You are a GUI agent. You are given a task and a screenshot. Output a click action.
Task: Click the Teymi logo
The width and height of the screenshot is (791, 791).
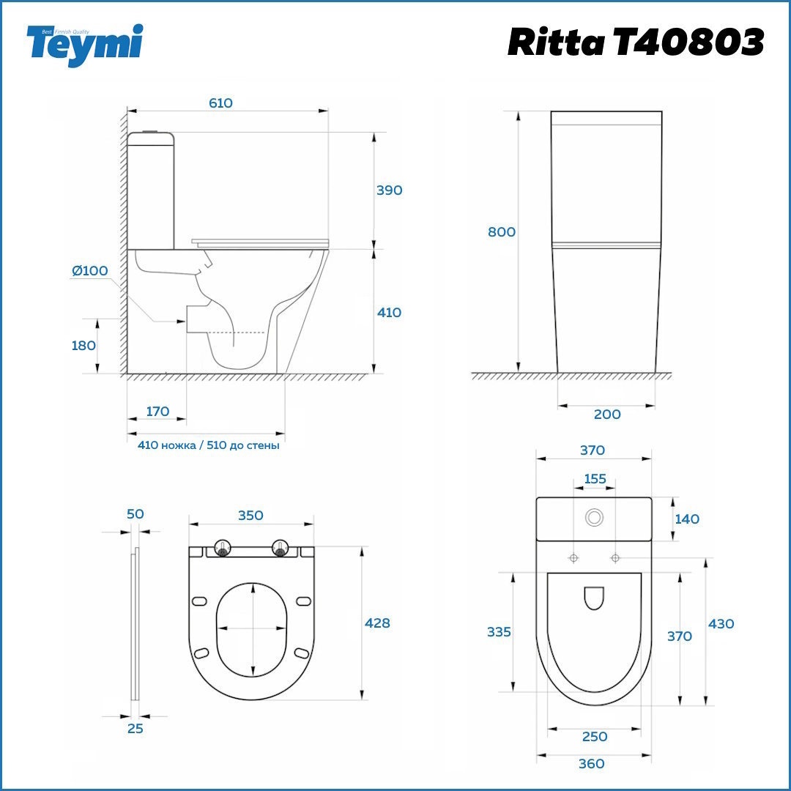click(x=85, y=44)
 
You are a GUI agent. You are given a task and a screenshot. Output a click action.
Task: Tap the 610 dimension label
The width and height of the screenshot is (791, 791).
click(x=220, y=103)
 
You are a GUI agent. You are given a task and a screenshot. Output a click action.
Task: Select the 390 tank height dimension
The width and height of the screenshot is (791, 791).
click(x=390, y=190)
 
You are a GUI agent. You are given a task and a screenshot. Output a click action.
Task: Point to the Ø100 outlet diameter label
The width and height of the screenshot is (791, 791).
click(x=90, y=271)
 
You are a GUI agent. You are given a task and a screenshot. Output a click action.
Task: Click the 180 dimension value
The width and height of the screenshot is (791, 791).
click(x=83, y=346)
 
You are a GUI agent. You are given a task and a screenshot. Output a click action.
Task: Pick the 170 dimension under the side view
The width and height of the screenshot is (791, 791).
click(x=157, y=412)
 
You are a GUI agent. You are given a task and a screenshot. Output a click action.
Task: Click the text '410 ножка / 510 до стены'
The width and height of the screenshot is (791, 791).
click(x=208, y=445)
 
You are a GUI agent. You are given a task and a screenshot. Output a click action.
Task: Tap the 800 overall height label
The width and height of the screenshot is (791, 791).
click(x=502, y=232)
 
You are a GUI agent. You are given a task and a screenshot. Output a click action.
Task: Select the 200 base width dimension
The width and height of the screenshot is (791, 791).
click(x=607, y=414)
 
